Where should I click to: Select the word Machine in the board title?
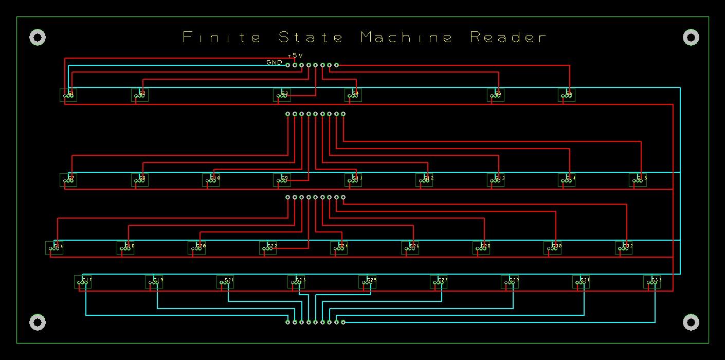406,38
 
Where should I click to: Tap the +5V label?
295,55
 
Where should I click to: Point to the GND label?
274,63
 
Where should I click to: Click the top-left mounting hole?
38,38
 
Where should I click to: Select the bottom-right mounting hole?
691,322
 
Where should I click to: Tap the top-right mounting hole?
691,38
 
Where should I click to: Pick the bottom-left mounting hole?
38,322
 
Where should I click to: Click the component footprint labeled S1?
68,95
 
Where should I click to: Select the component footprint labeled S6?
566,95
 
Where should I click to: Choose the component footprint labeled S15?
638,180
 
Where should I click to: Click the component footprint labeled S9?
282,180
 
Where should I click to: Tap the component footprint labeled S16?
54,248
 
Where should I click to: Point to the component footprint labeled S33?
652,282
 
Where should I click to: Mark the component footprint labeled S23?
296,282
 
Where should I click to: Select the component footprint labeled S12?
424,180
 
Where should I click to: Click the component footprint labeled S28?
481,248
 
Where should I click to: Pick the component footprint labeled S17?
83,282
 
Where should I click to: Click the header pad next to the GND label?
287,65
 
